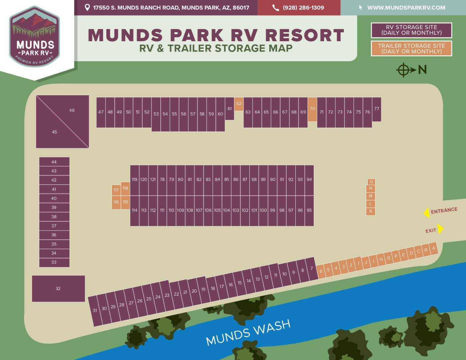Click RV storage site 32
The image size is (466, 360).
58,288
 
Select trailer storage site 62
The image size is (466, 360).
239,104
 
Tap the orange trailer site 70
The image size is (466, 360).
312,109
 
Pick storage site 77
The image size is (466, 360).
377,109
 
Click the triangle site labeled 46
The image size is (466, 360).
72,110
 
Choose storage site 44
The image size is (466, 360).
54,162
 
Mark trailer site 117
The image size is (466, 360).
116,190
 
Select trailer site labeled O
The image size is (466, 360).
371,182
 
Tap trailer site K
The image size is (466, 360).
371,211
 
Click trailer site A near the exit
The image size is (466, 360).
434,248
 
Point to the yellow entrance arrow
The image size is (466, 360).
427,213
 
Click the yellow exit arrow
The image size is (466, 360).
441,229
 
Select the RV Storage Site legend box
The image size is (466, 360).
411,30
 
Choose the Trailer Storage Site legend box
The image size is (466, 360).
411,49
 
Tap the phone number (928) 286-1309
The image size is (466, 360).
303,8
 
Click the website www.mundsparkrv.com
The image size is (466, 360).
406,8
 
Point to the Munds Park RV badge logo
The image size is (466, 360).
35,36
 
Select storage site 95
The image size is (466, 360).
309,210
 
